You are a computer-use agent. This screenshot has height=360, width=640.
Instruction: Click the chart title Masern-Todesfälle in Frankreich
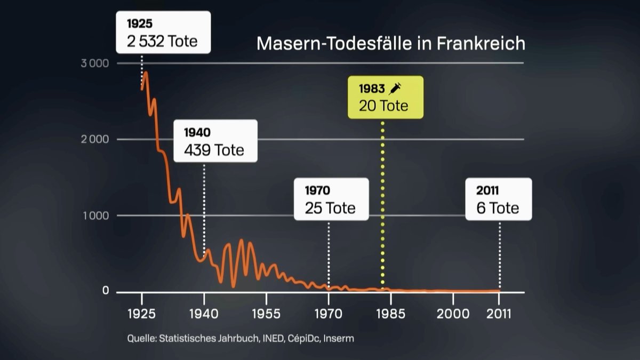(390, 43)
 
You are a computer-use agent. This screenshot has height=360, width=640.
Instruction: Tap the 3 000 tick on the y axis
(95, 63)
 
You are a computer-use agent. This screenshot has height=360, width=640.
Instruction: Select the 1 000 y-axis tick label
(96, 216)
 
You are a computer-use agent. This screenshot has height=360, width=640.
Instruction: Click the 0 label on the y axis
(105, 291)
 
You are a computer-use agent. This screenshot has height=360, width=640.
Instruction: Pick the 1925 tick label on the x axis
(142, 314)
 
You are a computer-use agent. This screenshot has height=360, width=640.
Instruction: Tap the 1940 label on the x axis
(204, 314)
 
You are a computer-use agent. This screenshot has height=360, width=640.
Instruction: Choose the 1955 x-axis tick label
(266, 314)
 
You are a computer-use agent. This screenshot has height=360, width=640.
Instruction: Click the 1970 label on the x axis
(329, 314)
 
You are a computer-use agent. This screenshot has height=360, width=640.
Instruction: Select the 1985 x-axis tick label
(391, 314)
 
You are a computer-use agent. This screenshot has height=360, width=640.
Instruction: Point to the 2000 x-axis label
(453, 314)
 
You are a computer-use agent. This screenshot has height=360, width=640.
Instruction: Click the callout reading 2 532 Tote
(163, 33)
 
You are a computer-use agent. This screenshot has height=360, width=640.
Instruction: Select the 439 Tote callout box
(214, 141)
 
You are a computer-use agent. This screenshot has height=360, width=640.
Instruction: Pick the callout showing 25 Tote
(331, 199)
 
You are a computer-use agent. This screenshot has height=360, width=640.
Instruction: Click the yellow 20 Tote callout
(385, 97)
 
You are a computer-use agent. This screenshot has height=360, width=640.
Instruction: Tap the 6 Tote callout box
(498, 199)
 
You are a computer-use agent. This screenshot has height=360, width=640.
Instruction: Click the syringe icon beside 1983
(395, 88)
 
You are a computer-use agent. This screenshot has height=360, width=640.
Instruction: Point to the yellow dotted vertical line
(382, 203)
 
